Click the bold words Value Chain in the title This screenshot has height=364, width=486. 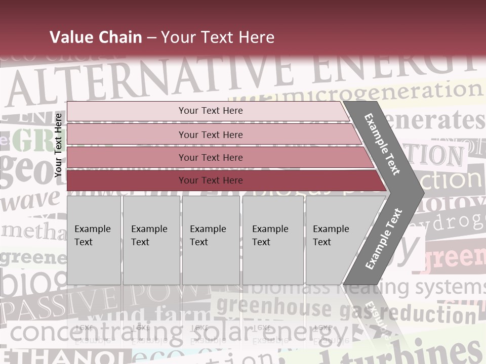96,37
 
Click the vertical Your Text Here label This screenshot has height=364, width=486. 58,145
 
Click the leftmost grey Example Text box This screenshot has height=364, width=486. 94,240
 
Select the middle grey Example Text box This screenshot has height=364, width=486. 211,240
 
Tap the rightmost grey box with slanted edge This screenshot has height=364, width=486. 337,240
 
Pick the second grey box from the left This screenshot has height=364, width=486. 151,240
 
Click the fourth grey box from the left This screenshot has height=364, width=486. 273,240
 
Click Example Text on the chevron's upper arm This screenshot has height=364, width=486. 382,144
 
